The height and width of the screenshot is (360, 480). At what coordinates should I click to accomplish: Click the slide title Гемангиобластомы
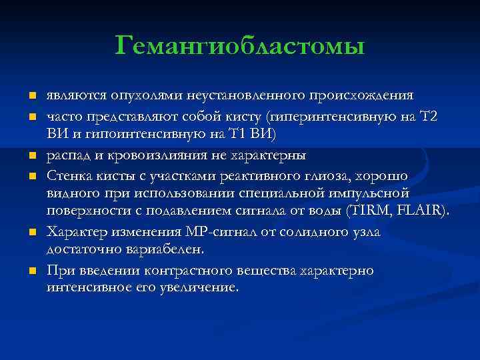click(x=240, y=46)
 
